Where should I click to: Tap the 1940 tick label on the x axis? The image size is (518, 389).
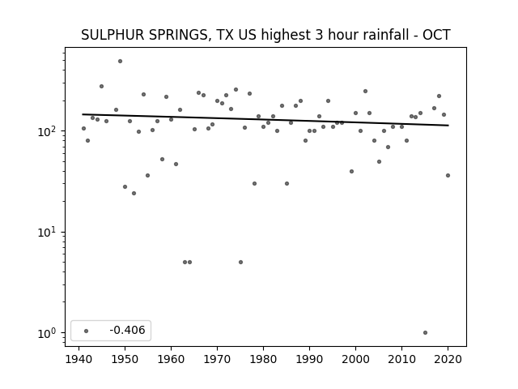79,359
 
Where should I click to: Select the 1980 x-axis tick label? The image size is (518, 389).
263,359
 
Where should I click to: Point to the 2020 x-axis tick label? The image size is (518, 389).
448,359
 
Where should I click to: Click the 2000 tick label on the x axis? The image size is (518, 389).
355,359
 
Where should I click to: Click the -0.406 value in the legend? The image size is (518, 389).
127,330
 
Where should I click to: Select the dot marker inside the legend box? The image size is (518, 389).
87,331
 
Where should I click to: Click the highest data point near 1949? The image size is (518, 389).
121,62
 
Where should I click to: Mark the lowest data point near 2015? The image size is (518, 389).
425,333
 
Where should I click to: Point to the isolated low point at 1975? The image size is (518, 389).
241,263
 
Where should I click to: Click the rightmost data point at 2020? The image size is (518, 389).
448,176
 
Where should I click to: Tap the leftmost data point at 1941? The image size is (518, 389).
83,128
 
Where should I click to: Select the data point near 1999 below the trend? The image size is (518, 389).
351,171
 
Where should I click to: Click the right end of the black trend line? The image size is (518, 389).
448,126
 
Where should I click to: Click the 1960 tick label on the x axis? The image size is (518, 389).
171,359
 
